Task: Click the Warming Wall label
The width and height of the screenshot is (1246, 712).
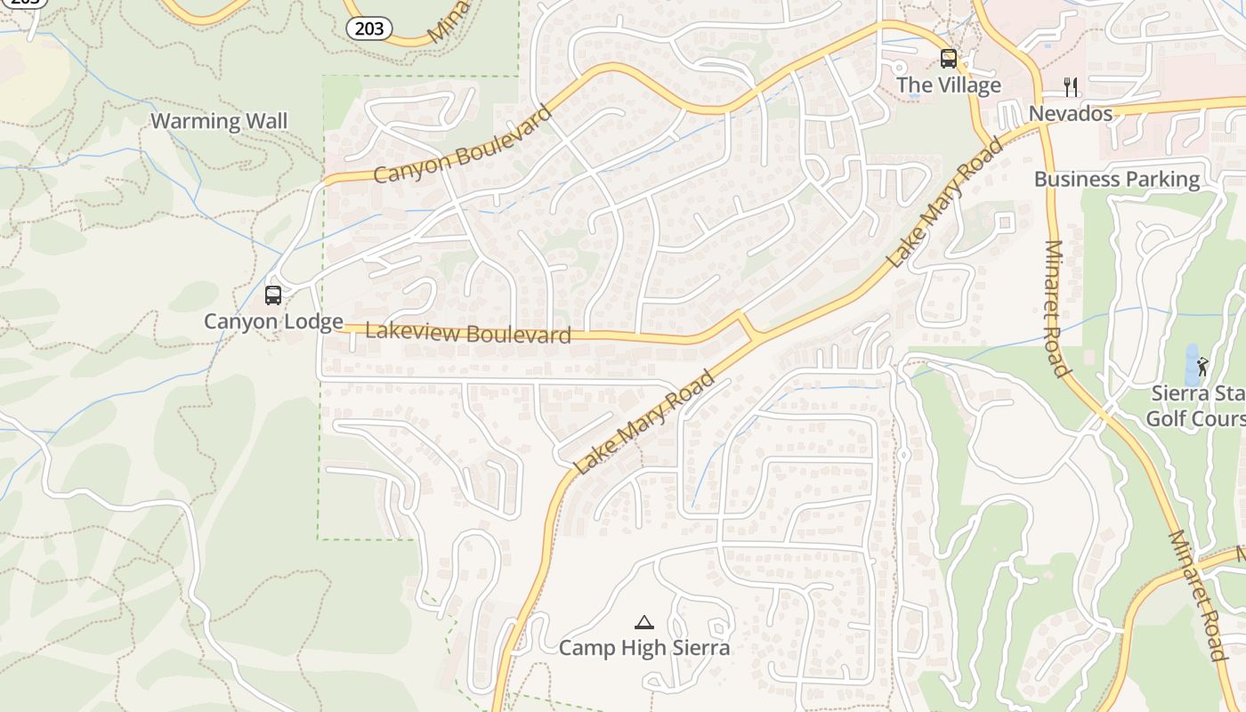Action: click(x=219, y=121)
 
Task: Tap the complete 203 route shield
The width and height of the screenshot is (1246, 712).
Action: click(x=369, y=28)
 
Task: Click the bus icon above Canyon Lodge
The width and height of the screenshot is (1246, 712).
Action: click(x=273, y=295)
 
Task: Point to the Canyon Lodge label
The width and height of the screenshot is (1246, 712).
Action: click(x=273, y=321)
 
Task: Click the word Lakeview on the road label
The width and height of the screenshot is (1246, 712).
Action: click(x=412, y=331)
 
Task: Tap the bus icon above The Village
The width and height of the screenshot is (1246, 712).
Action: click(x=949, y=59)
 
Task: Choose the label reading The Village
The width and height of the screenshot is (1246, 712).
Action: click(x=949, y=85)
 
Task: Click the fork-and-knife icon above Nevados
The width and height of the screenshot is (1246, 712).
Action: click(x=1071, y=86)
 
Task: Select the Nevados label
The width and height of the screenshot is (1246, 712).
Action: click(x=1071, y=114)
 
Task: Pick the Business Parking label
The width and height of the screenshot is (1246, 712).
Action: click(x=1117, y=179)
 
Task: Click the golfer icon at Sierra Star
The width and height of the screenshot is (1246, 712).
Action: click(x=1202, y=366)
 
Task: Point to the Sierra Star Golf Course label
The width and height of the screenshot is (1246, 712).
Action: click(x=1197, y=406)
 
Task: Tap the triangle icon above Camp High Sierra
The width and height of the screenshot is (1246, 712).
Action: click(x=644, y=621)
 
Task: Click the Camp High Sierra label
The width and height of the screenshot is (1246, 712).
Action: click(x=644, y=648)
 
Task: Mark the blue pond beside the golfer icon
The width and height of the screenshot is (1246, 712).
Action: click(x=1191, y=365)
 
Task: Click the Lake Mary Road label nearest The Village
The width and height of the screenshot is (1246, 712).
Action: click(x=945, y=203)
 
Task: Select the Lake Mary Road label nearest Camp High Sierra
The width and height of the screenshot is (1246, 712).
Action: click(x=643, y=422)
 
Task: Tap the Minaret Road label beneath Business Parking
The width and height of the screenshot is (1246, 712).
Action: click(x=1055, y=308)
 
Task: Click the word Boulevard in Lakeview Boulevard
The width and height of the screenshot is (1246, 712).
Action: click(x=517, y=336)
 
